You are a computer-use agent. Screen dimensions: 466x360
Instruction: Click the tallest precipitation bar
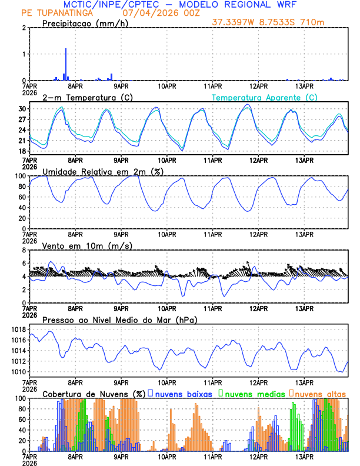(x=66, y=64)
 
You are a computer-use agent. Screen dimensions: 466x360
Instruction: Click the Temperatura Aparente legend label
(x=264, y=97)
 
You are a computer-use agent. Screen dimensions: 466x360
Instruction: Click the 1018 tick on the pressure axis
(x=17, y=329)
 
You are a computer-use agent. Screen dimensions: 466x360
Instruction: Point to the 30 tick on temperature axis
(x=22, y=109)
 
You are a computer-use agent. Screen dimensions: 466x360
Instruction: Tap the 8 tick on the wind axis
(x=24, y=250)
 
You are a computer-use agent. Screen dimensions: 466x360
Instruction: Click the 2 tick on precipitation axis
(x=24, y=28)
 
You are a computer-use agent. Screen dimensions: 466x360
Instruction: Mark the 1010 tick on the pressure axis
(x=17, y=372)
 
